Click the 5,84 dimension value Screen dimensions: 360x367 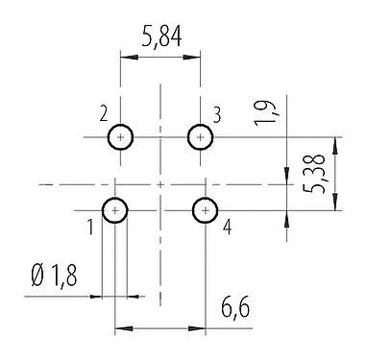coord(159,39)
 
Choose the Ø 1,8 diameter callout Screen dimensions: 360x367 coord(54,277)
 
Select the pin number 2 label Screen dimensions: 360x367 coord(103,115)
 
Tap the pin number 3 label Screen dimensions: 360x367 coord(217,115)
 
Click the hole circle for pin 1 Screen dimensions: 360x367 coord(115,209)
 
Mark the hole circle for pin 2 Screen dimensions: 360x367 coord(120,137)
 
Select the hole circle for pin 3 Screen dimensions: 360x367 coord(200,137)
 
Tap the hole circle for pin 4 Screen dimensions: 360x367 coord(205,209)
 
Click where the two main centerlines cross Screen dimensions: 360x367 coord(159,182)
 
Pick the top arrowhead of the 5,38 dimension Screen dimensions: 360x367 coord(334,142)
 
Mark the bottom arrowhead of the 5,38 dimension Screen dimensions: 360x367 coord(334,204)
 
